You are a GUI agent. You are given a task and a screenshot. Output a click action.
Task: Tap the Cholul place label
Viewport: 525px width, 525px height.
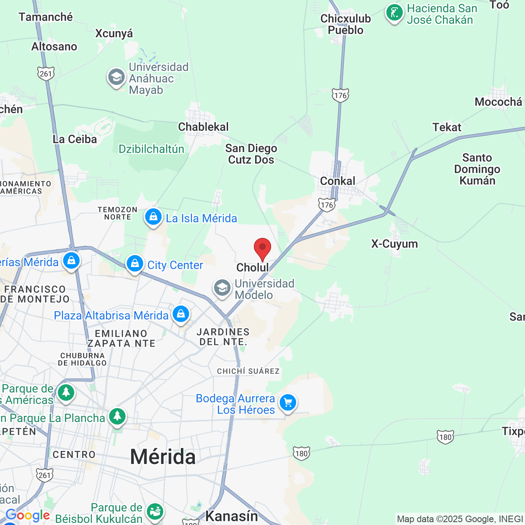pyautogui.click(x=253, y=267)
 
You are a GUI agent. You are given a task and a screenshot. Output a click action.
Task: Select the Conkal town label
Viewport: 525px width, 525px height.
pyautogui.click(x=338, y=181)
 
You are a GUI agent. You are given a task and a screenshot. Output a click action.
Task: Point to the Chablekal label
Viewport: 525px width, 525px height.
pyautogui.click(x=203, y=127)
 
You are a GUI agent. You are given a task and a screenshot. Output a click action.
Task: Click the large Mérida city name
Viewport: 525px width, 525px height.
pyautogui.click(x=163, y=457)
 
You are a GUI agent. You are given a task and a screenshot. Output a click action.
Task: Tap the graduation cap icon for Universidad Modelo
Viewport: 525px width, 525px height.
pyautogui.click(x=222, y=288)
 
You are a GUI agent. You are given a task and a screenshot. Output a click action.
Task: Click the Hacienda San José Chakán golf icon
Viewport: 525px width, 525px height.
pyautogui.click(x=394, y=14)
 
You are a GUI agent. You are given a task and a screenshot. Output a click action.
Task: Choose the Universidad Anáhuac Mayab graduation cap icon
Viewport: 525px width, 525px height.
pyautogui.click(x=116, y=78)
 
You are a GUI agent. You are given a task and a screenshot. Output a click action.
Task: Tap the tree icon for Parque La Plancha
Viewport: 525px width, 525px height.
pyautogui.click(x=117, y=417)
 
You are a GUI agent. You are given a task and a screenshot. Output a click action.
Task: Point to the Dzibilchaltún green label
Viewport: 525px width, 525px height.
pyautogui.click(x=151, y=149)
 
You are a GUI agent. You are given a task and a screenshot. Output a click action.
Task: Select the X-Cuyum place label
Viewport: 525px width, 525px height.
pyautogui.click(x=395, y=244)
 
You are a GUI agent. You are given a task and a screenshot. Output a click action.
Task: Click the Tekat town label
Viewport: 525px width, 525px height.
pyautogui.click(x=447, y=127)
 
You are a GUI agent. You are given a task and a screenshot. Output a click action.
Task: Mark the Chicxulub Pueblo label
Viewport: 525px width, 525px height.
pyautogui.click(x=345, y=24)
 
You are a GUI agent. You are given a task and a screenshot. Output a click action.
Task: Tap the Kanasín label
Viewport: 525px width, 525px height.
pyautogui.click(x=231, y=516)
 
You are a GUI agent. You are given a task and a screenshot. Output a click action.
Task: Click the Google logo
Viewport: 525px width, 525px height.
pyautogui.click(x=28, y=515)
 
